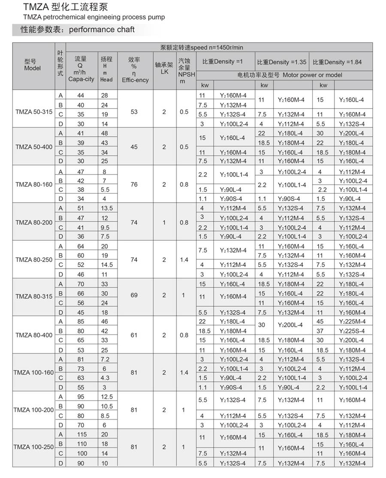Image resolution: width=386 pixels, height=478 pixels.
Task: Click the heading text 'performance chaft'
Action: click(x=102, y=30)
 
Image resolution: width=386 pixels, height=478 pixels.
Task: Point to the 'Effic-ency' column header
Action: click(x=135, y=80)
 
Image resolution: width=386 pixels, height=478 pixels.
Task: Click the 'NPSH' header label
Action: click(x=184, y=74)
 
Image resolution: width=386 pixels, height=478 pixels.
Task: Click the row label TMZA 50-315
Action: click(x=34, y=109)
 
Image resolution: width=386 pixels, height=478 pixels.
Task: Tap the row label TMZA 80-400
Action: click(x=34, y=335)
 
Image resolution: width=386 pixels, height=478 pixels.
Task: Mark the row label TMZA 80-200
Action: click(x=34, y=222)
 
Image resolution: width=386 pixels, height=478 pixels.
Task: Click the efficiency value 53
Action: click(x=134, y=112)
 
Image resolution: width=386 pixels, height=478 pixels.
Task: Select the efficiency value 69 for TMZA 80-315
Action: click(x=134, y=296)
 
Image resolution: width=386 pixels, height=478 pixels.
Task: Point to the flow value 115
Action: click(x=81, y=434)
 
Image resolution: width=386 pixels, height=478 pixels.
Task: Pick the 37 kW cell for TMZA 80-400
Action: click(x=320, y=331)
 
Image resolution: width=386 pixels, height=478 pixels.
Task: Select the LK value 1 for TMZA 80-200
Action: click(x=164, y=223)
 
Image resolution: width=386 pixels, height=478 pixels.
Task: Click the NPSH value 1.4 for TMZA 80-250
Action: click(x=184, y=260)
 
